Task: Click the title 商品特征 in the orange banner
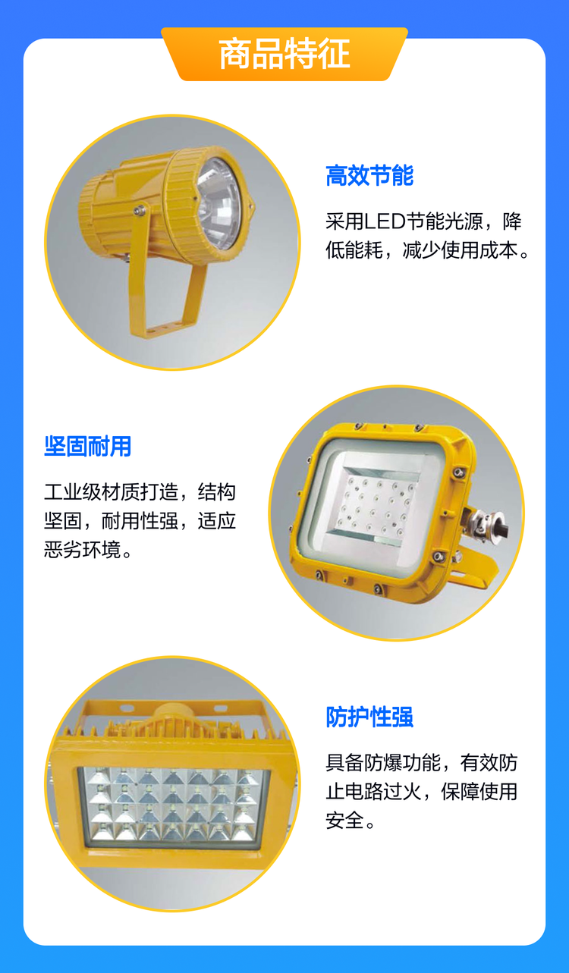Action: [x=284, y=54]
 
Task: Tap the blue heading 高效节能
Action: [x=369, y=175]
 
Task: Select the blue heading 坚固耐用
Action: [x=87, y=446]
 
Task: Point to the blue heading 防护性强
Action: [x=369, y=717]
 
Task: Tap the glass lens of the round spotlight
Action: [x=219, y=203]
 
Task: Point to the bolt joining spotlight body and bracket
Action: [x=140, y=209]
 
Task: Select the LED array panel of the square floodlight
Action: [x=376, y=504]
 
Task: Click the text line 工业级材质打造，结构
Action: [x=140, y=492]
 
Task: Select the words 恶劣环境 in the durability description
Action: [x=82, y=550]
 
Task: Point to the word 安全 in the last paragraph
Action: [x=344, y=821]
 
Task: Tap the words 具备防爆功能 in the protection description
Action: [x=383, y=763]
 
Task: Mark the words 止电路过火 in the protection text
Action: [x=374, y=792]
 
